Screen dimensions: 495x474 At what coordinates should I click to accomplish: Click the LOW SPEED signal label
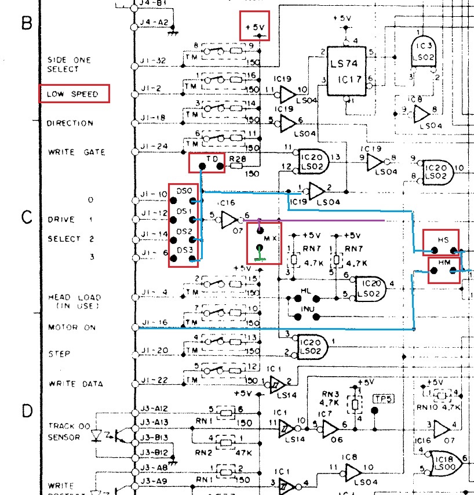[73, 94]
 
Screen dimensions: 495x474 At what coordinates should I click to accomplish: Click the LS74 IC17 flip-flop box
[346, 68]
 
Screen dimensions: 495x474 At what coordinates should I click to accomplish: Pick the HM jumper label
[444, 263]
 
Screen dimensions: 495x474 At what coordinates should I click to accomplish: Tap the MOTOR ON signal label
[72, 327]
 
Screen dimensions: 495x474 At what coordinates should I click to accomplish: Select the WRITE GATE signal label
[76, 152]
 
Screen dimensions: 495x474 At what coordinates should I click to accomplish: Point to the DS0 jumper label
[184, 191]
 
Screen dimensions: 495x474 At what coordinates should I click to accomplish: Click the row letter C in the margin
[26, 217]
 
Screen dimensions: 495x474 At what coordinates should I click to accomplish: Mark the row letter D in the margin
[26, 412]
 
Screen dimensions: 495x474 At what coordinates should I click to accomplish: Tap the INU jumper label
[308, 309]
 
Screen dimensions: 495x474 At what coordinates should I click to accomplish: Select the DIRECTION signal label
[70, 123]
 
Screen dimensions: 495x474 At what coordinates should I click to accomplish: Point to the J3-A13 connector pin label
[153, 423]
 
